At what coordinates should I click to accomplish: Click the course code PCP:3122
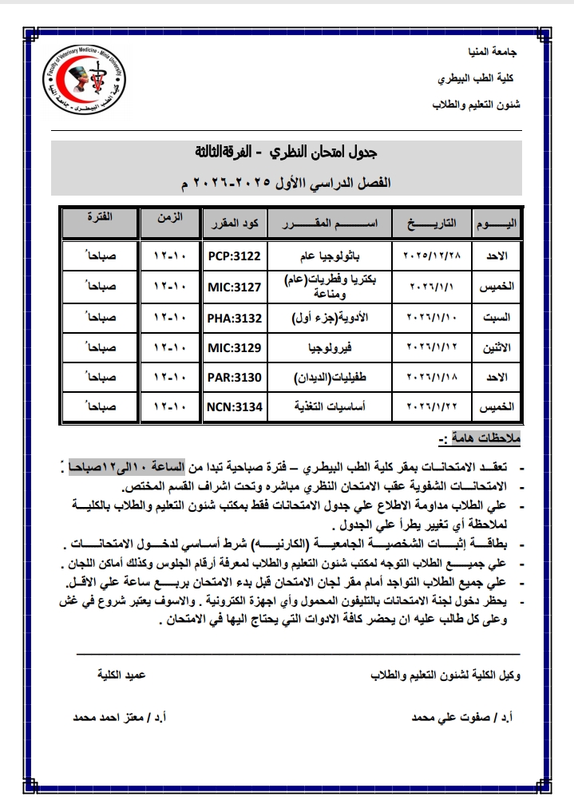tap(234, 256)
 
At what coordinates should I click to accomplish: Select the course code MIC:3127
tap(234, 286)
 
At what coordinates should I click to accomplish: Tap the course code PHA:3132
tap(234, 318)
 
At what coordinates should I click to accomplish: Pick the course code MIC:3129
tap(234, 349)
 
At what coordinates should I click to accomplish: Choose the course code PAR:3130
tap(234, 378)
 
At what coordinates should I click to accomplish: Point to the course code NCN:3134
tap(234, 407)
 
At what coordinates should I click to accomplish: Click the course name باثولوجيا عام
tap(330, 256)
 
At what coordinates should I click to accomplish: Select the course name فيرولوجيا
tap(330, 349)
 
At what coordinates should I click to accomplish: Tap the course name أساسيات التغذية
tap(330, 407)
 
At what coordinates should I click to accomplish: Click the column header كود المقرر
tap(234, 220)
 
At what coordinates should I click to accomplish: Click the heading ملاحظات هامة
tap(477, 439)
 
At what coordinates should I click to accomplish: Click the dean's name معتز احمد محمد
tap(113, 717)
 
